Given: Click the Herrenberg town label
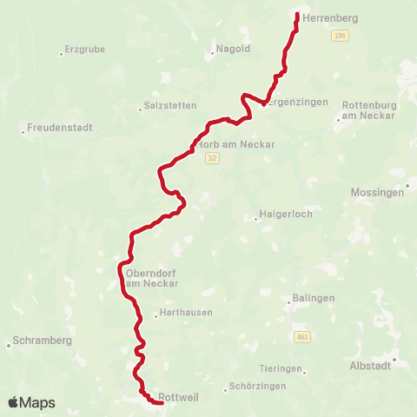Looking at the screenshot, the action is tap(317, 17).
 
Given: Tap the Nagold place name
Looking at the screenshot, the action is tap(233, 49).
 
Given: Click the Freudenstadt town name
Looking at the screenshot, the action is tap(59, 127).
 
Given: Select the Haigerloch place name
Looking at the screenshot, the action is tap(286, 214).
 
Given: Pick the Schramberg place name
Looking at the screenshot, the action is tap(43, 341).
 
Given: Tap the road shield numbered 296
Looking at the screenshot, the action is tap(339, 36).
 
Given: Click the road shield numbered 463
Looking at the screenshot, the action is tap(302, 335).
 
